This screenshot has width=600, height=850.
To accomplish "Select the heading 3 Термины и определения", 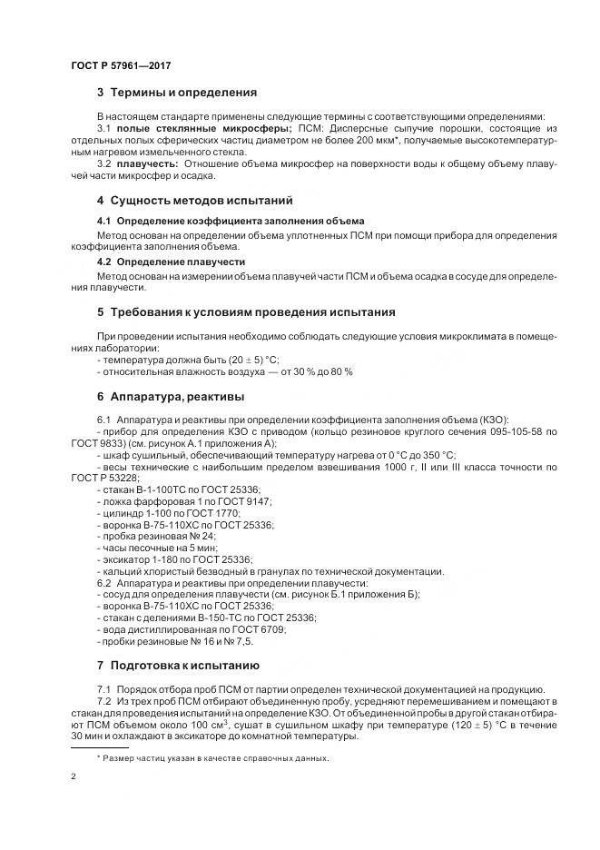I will click(x=177, y=93).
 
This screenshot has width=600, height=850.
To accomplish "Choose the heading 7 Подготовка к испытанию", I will click(x=178, y=665).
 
